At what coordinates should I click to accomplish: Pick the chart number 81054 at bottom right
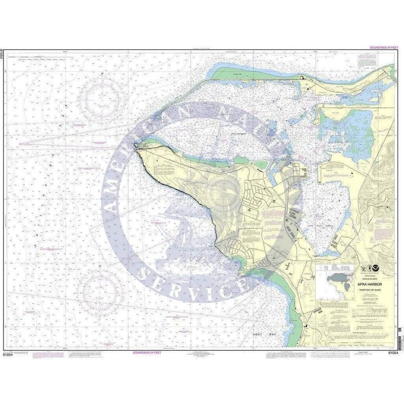(x=394, y=353)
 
